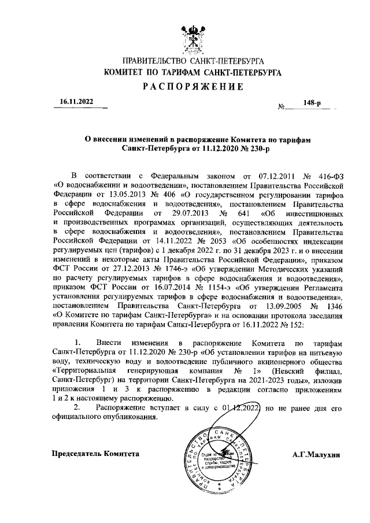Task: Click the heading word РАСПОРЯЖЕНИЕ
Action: coord(191,87)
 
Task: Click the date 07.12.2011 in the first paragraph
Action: coord(272,175)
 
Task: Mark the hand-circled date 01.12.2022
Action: coord(240,408)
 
